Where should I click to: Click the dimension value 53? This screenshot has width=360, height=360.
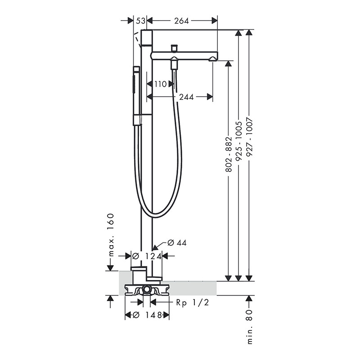(140, 21)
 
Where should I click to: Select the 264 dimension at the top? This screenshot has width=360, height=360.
(181, 21)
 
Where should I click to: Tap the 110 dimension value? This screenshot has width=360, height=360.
(160, 84)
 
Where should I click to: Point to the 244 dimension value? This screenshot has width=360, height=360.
(186, 97)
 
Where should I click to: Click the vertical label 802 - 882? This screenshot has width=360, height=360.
(229, 154)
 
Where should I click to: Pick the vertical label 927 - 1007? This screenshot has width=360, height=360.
(249, 137)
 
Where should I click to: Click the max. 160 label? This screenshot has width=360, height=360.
(111, 234)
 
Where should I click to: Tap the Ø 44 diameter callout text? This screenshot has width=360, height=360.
(177, 243)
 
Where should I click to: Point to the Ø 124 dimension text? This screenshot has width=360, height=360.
(147, 256)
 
